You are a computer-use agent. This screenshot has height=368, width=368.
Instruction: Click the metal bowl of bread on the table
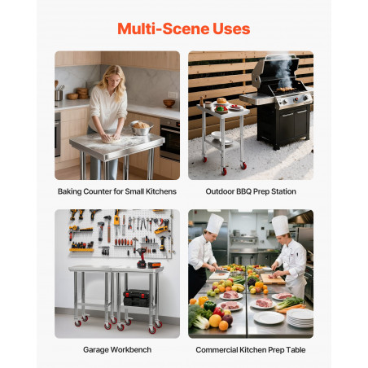click(140, 128)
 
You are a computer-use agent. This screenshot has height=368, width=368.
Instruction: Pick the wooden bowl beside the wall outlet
click(169, 103)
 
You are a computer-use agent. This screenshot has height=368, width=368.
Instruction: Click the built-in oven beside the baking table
click(170, 139)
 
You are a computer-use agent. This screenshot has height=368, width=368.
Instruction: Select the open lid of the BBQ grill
click(274, 70)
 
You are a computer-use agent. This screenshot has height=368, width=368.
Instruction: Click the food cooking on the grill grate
click(286, 89)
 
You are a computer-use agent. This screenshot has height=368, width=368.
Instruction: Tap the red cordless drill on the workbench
click(142, 258)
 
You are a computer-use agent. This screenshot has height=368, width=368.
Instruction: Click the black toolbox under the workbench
click(137, 298)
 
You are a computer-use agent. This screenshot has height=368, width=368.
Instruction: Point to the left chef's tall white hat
click(215, 224)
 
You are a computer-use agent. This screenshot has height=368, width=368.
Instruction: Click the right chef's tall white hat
click(280, 226)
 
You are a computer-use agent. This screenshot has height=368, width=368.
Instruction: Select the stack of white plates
click(300, 318)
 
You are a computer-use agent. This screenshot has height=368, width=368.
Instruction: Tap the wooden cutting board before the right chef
click(272, 278)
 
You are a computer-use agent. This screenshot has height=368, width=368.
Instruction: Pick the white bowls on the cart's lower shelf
click(221, 137)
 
